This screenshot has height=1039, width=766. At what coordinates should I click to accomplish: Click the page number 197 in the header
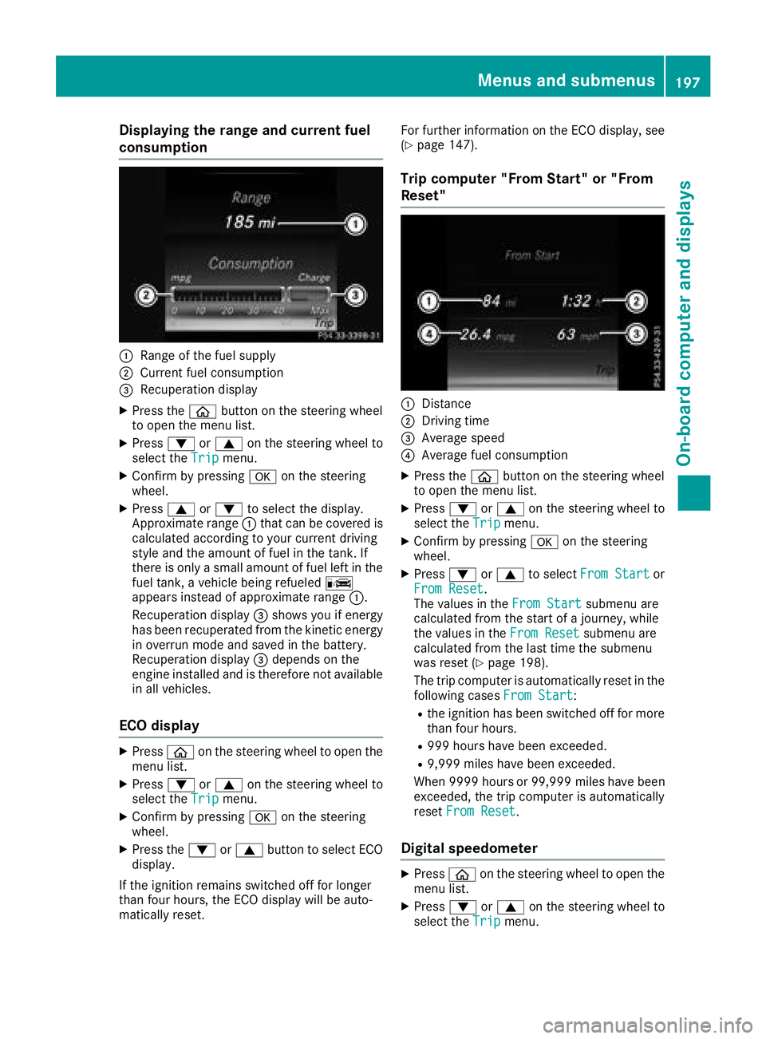click(x=687, y=81)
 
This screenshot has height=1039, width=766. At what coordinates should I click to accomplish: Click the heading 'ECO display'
click(x=159, y=725)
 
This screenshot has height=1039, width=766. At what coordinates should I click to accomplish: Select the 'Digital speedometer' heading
click(x=469, y=848)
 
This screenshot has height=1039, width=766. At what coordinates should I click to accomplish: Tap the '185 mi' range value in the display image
click(x=249, y=222)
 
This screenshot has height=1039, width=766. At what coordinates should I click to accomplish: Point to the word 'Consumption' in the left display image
click(x=251, y=263)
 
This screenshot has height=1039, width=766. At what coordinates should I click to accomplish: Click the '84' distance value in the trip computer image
click(x=492, y=301)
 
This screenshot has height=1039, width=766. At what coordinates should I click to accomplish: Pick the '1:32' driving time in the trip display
click(x=576, y=301)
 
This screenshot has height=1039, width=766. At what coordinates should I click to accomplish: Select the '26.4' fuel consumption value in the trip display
click(x=476, y=334)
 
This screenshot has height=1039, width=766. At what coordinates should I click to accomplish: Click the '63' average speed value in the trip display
click(x=567, y=334)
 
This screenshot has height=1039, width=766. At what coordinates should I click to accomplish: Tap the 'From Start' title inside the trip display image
click(x=532, y=255)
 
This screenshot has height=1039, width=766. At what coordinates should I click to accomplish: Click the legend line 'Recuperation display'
click(x=199, y=389)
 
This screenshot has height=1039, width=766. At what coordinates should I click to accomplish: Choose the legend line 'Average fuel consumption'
click(x=495, y=455)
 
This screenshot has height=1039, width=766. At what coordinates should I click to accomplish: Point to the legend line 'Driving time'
click(x=456, y=421)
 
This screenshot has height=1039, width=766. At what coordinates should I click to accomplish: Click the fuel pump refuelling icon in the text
click(x=338, y=583)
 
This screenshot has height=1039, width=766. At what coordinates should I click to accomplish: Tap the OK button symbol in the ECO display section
click(x=263, y=817)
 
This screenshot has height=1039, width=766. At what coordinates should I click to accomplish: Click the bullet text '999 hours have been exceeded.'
click(x=517, y=746)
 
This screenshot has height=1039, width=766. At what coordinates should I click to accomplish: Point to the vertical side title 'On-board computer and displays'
click(x=685, y=322)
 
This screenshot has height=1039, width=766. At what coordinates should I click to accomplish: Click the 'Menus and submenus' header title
click(x=566, y=81)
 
